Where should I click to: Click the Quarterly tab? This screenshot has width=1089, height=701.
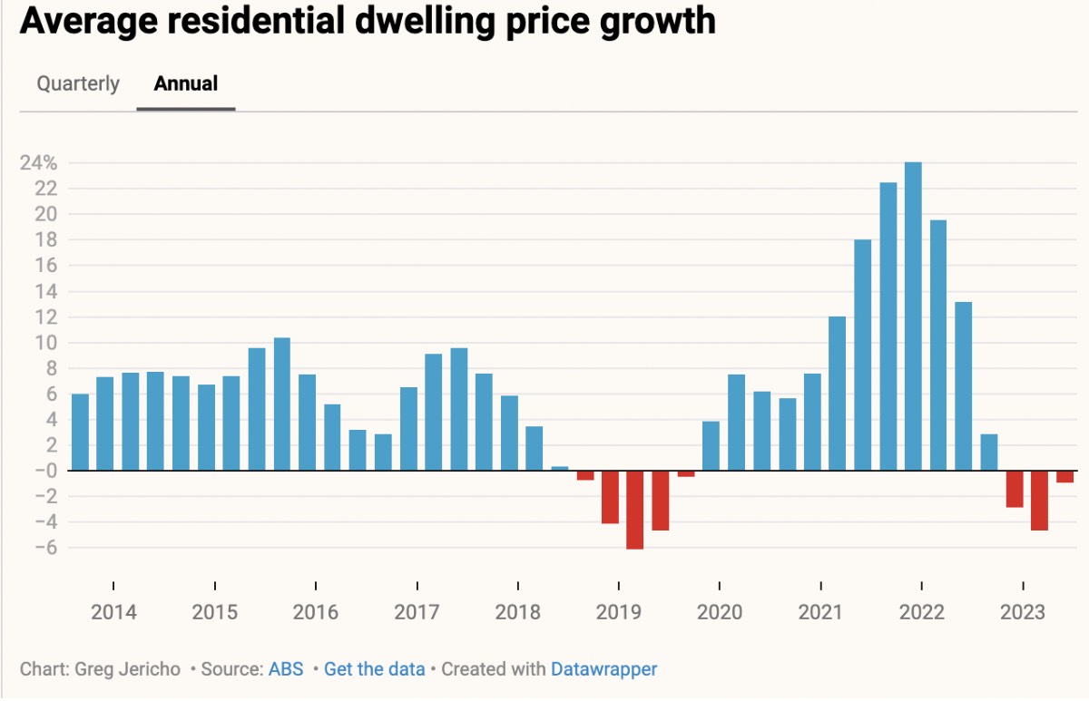78,84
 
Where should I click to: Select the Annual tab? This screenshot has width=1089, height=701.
186,84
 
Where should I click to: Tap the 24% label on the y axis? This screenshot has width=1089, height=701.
40,163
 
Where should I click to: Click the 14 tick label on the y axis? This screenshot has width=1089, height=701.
47,292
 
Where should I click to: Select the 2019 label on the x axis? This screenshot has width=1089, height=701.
619,612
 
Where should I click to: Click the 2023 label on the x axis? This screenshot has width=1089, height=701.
1023,612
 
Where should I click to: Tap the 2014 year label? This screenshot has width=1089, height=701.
113,612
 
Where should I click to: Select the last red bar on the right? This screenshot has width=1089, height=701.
1064,477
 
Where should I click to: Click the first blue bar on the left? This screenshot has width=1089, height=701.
81,432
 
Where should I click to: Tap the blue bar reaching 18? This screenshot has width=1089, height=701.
862,355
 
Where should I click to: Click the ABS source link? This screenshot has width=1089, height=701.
280,670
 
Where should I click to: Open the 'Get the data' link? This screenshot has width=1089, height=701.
374,670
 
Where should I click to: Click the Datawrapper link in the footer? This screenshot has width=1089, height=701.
603,670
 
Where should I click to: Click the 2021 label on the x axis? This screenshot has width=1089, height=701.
821,612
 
